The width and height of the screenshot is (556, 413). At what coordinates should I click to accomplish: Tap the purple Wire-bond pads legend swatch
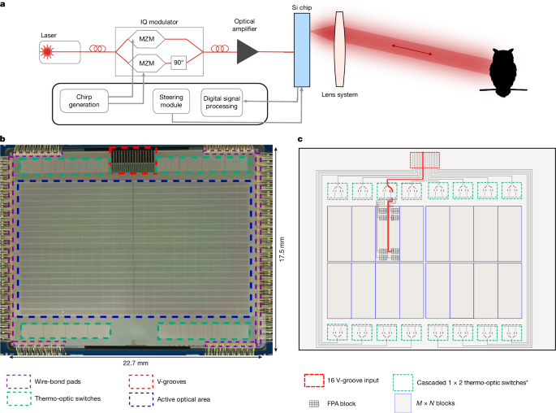click(19, 380)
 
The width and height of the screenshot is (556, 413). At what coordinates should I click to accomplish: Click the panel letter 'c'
click(302, 140)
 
